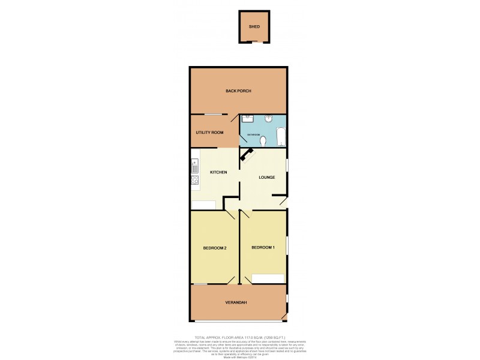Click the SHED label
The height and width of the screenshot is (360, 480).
254,27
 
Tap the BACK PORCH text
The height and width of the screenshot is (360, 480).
238,91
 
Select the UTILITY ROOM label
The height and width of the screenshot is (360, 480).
209,132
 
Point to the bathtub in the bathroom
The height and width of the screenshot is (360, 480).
281,137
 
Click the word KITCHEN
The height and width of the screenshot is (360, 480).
218,173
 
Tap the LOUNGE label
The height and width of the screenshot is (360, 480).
266,178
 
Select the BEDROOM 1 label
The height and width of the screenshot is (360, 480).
263,248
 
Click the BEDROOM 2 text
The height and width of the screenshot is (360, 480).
214,248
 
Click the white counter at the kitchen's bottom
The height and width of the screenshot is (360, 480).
203,205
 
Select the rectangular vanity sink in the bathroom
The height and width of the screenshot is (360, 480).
250,118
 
